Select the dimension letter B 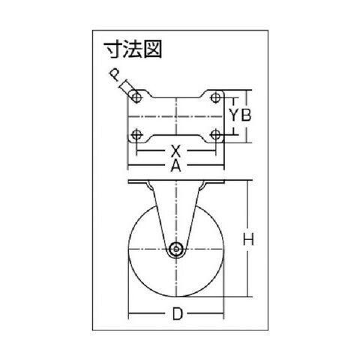(x=246, y=115)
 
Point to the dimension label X (x=176, y=151)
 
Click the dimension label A (x=175, y=166)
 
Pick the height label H (x=248, y=239)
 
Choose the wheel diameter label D (x=177, y=313)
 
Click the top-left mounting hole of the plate (x=136, y=97)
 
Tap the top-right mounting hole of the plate (x=215, y=97)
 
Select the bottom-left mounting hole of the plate (x=136, y=135)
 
